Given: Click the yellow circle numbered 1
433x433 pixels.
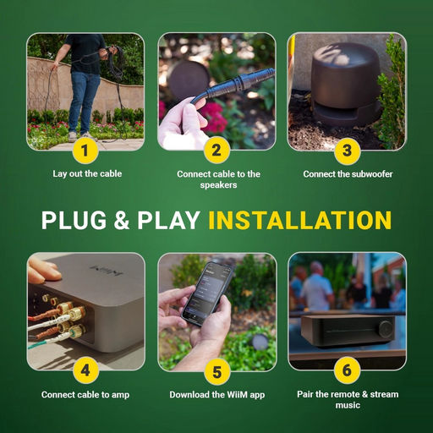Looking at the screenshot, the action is pyautogui.click(x=85, y=151).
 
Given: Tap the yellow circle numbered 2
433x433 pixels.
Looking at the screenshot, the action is pyautogui.click(x=216, y=151).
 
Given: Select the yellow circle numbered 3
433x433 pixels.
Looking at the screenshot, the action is pyautogui.click(x=348, y=151).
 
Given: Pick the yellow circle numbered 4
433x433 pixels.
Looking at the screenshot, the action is pyautogui.click(x=85, y=370).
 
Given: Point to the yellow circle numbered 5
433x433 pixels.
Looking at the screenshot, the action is pyautogui.click(x=216, y=372).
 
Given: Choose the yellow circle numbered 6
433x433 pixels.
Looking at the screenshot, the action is pyautogui.click(x=347, y=370).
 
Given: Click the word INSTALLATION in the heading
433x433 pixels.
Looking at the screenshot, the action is pyautogui.click(x=300, y=220).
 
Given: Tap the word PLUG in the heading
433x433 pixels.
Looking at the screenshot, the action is pyautogui.click(x=74, y=220).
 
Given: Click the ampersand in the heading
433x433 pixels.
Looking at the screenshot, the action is pyautogui.click(x=122, y=220).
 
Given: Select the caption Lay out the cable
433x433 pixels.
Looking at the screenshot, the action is pyautogui.click(x=87, y=173).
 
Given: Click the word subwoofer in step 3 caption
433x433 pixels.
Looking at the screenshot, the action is pyautogui.click(x=371, y=174).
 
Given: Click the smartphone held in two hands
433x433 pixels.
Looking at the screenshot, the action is pyautogui.click(x=208, y=293).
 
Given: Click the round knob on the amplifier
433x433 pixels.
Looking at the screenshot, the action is pyautogui.click(x=386, y=328).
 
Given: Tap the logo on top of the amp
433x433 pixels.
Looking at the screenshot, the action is pyautogui.click(x=107, y=271).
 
